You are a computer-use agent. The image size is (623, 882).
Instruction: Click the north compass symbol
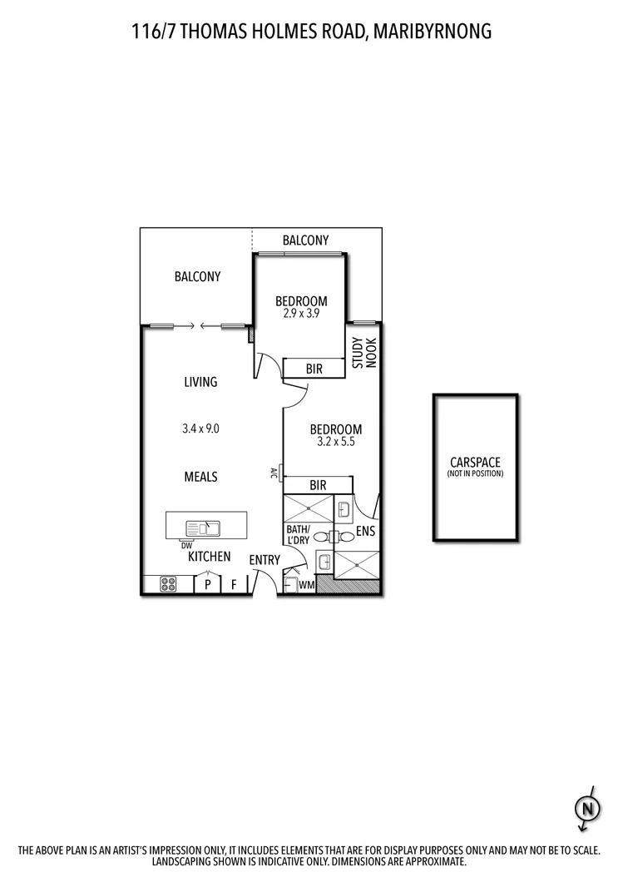[x=588, y=807]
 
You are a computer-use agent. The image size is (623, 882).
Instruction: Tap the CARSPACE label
[x=475, y=462]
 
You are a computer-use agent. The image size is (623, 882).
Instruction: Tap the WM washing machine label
[x=306, y=585]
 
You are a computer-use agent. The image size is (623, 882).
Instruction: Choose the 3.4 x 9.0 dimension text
[x=200, y=429]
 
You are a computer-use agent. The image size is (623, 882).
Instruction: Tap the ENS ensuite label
[x=367, y=530]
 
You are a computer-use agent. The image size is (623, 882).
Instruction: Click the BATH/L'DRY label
[x=298, y=535]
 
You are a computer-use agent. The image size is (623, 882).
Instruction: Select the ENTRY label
[x=265, y=560]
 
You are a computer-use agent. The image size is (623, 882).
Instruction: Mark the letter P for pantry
[x=206, y=584]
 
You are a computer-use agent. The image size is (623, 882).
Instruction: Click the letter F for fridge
[x=234, y=584]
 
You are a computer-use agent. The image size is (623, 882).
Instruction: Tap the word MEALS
[x=200, y=477]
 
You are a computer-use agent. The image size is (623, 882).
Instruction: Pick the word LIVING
[x=200, y=382]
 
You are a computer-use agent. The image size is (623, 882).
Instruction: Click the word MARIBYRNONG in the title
[x=433, y=32]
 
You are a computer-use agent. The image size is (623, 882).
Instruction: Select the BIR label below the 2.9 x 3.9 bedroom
[x=314, y=368]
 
